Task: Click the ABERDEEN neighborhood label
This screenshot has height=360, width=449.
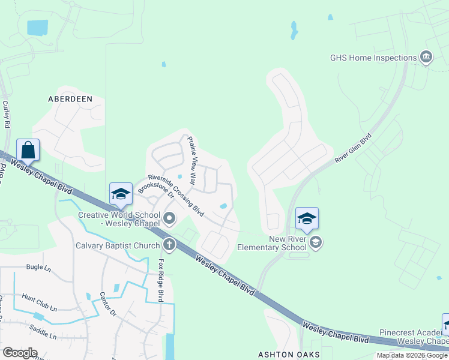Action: tap(71, 98)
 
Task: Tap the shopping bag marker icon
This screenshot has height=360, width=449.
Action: tap(28, 149)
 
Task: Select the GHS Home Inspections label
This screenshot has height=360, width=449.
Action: tap(373, 58)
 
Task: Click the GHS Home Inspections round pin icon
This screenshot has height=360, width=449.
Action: tap(426, 58)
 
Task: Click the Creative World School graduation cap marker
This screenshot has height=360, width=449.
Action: tap(121, 193)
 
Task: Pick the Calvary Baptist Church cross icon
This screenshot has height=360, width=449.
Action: tap(169, 244)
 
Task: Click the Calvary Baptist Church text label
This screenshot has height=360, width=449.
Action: tap(118, 245)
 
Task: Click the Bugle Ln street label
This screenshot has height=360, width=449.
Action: tap(38, 268)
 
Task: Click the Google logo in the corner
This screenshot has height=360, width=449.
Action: tap(20, 353)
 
